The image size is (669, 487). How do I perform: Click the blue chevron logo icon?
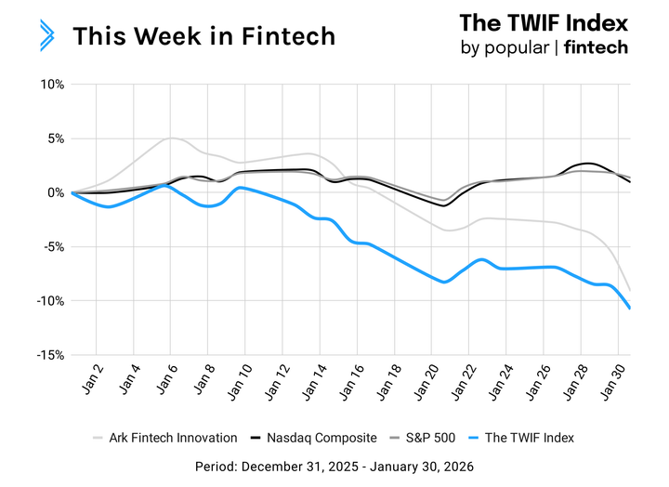[46, 34]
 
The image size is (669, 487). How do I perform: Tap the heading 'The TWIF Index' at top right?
[544, 22]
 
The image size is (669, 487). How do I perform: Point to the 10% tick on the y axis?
[50, 85]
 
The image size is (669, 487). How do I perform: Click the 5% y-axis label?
[53, 138]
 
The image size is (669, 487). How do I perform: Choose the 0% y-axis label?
[53, 192]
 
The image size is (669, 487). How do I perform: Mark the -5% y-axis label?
[50, 247]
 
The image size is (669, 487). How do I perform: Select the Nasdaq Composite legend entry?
[316, 437]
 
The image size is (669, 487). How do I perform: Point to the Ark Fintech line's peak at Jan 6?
[170, 138]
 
